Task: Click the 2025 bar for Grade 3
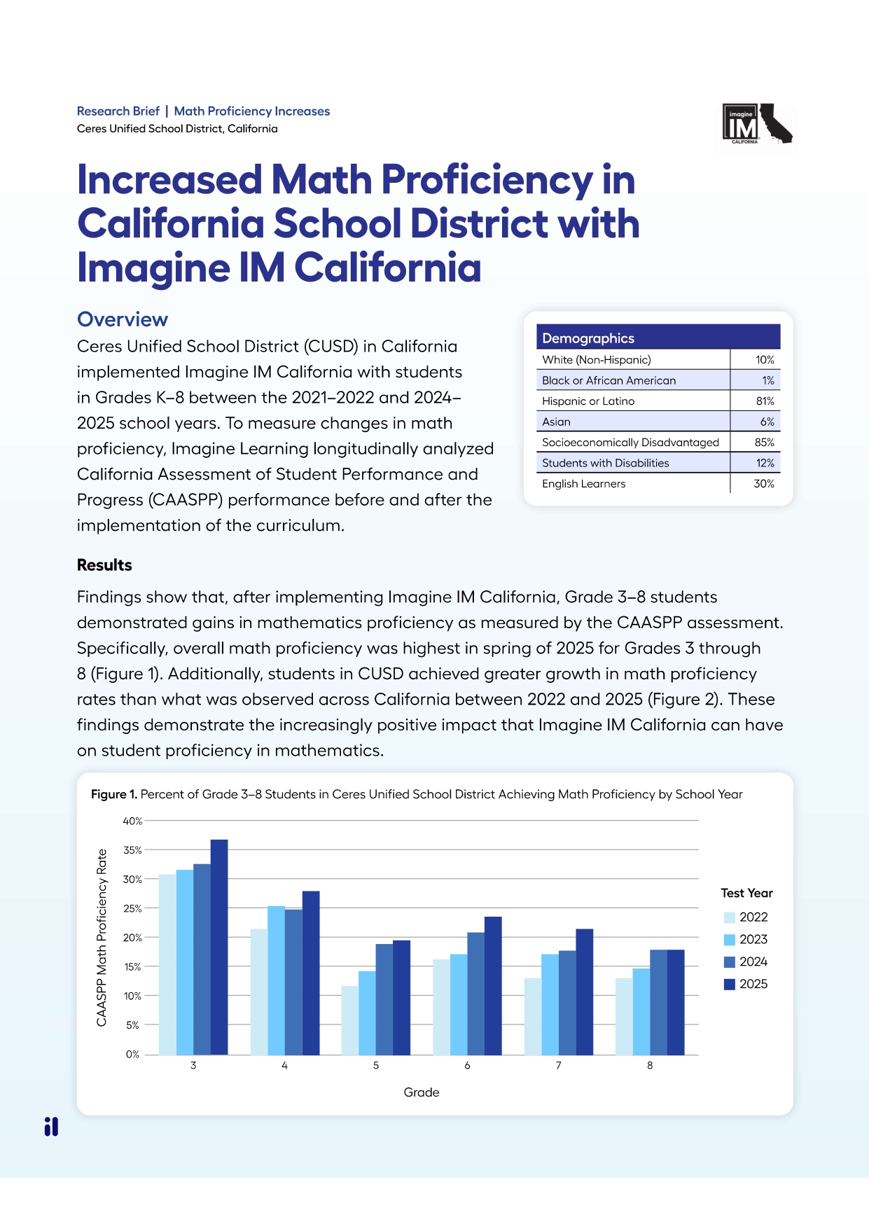pos(219,947)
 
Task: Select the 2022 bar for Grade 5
pos(349,1020)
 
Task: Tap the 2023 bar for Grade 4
pos(276,980)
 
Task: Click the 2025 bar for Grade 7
pos(584,992)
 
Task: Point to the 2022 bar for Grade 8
pos(623,1016)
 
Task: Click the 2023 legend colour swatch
pos(729,940)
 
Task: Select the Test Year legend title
pos(746,893)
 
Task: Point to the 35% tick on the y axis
pos(132,850)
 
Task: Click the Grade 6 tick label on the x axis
pos(467,1065)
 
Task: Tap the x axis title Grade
pos(421,1092)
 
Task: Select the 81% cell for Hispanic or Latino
pos(765,401)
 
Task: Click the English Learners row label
pos(583,484)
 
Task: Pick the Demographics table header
pos(588,338)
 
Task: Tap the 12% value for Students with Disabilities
pos(765,463)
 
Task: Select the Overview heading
pos(123,319)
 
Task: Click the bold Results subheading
pos(104,565)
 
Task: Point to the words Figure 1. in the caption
pos(113,794)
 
